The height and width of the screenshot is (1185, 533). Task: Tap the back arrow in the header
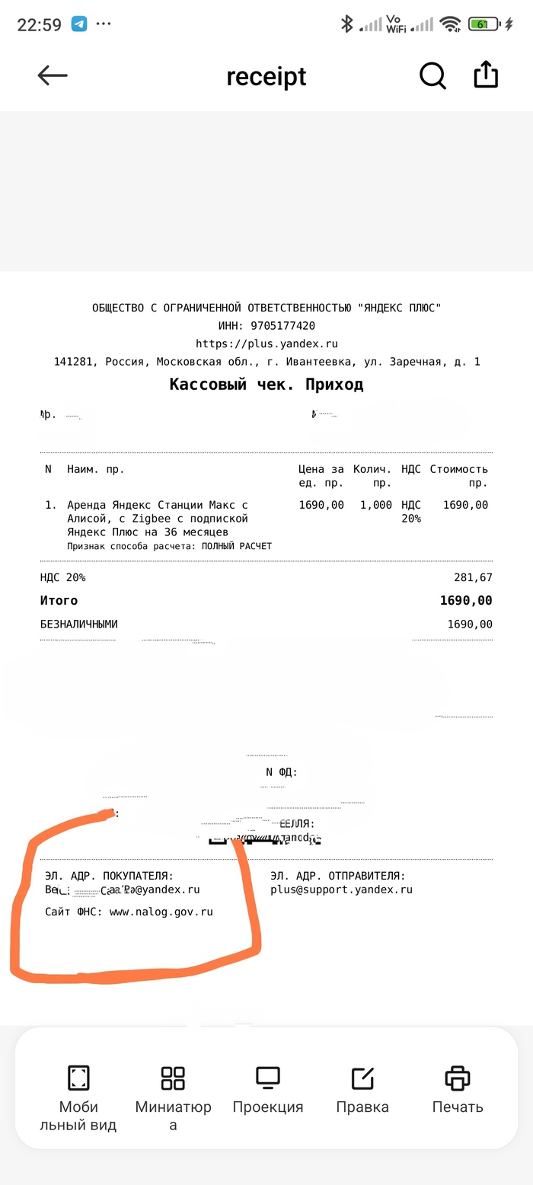click(53, 75)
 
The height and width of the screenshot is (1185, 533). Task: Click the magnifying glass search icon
click(432, 75)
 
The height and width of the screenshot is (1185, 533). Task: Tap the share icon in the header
click(486, 75)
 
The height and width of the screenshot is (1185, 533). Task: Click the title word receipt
click(266, 77)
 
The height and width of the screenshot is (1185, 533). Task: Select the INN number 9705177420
click(282, 326)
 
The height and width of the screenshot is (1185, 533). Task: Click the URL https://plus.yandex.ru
click(266, 343)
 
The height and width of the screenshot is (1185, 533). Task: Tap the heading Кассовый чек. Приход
click(266, 385)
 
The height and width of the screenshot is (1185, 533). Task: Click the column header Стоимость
click(458, 469)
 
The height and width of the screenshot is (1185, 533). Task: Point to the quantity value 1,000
click(376, 505)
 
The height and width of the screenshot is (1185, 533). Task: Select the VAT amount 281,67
click(474, 577)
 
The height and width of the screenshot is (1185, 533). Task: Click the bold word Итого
click(59, 601)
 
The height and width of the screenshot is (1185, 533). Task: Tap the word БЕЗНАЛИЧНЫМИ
click(79, 624)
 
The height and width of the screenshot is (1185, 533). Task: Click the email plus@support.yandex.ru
click(341, 890)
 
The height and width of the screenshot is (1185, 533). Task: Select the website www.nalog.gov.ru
click(161, 912)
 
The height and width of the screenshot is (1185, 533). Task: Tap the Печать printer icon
click(458, 1078)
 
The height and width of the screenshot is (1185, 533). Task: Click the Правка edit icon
click(362, 1078)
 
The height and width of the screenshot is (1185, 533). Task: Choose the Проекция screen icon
click(268, 1078)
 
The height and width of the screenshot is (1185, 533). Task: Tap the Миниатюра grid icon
click(173, 1078)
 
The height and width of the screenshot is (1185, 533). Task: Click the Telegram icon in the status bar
click(79, 24)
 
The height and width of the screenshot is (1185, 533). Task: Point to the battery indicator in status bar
click(484, 24)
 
